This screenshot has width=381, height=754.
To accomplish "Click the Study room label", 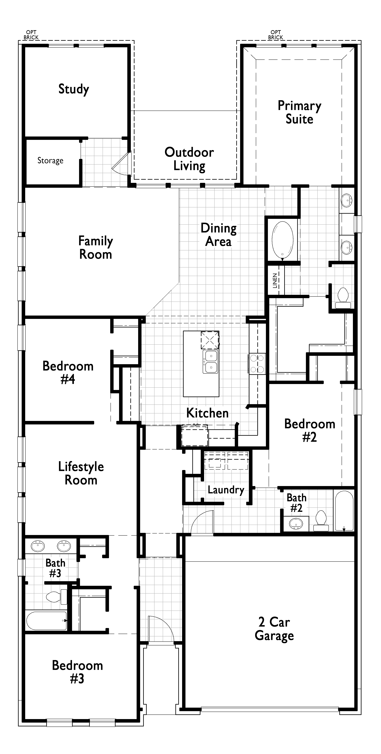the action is point(74,89).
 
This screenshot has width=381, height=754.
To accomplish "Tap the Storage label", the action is point(50,160).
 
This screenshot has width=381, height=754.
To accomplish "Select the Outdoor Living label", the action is point(189,159).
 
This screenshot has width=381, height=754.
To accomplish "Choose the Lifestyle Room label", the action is point(81,473).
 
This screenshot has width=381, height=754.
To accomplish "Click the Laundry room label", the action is point(226,490).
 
